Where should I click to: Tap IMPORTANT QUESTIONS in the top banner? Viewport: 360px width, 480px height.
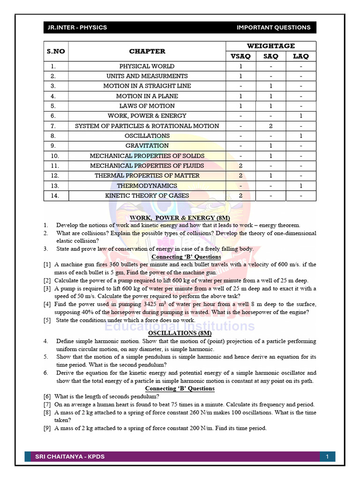click(x=273, y=27)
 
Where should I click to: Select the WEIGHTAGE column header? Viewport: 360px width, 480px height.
click(x=271, y=45)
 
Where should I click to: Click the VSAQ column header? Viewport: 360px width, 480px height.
click(x=241, y=56)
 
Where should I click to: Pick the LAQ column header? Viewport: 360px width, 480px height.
click(x=301, y=56)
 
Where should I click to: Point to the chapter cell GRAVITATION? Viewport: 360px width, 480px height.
click(x=147, y=146)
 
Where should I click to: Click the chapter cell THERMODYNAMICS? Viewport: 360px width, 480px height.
click(x=147, y=186)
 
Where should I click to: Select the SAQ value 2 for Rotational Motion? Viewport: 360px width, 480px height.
click(x=271, y=126)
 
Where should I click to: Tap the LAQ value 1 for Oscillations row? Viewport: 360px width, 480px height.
click(x=301, y=136)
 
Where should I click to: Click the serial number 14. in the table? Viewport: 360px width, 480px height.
click(x=55, y=195)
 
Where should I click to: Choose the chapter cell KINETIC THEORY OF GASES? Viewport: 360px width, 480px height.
click(x=147, y=195)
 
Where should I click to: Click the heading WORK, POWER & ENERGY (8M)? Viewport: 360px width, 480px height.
click(x=180, y=218)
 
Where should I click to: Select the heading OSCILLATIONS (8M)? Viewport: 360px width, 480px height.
click(x=180, y=333)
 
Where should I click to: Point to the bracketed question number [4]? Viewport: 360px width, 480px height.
click(x=47, y=304)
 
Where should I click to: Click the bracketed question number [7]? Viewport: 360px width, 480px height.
click(x=47, y=405)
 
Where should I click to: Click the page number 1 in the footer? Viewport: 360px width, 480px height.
click(x=327, y=457)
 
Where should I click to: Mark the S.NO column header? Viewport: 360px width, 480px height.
click(x=55, y=51)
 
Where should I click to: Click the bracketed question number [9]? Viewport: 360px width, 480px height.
click(x=47, y=428)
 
